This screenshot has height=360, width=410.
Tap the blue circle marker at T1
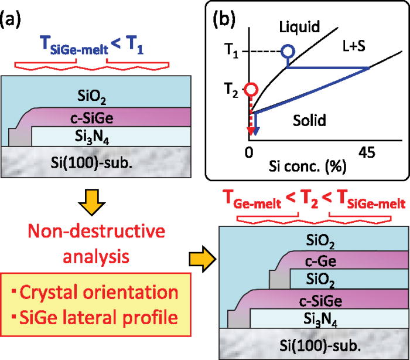[x=287, y=52]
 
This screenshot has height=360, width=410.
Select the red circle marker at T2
[x=251, y=90]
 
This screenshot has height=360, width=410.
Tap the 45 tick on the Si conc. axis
[x=368, y=152]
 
